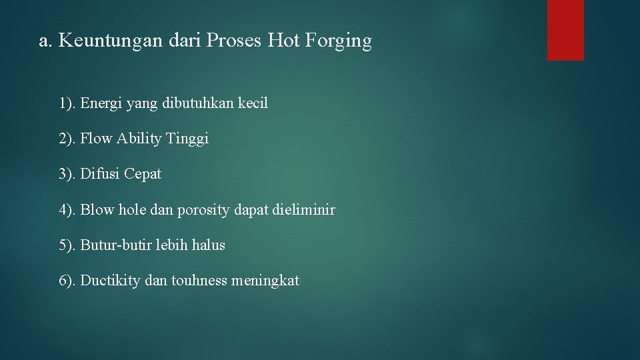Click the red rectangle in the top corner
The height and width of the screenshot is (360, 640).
click(565, 30)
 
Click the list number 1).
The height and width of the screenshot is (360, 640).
click(67, 103)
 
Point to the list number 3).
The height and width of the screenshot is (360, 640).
click(67, 174)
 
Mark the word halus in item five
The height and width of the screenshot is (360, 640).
click(208, 245)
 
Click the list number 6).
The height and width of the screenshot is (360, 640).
click(67, 281)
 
